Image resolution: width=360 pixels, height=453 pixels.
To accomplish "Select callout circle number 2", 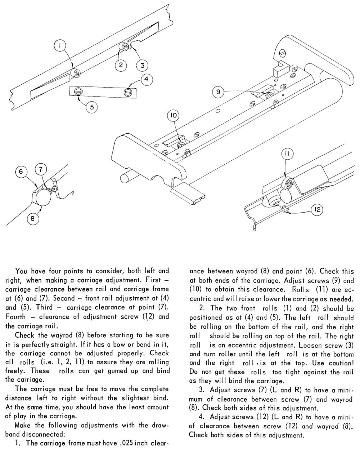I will pyautogui.click(x=121, y=65).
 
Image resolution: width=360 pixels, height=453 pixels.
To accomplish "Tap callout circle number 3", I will pyautogui.click(x=143, y=65).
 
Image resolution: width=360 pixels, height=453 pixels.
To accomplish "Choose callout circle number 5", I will pyautogui.click(x=92, y=107).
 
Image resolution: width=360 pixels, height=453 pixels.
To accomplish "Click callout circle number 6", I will pyautogui.click(x=21, y=172).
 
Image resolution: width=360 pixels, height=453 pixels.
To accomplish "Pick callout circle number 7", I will pyautogui.click(x=41, y=169).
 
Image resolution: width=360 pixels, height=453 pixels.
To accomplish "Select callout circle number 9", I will pyautogui.click(x=218, y=92).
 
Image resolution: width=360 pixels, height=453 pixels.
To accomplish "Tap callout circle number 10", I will pyautogui.click(x=173, y=116).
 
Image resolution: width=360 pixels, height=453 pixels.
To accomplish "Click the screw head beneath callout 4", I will pyautogui.click(x=127, y=93).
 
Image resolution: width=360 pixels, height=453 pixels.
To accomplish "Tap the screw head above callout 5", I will pyautogui.click(x=78, y=92).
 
